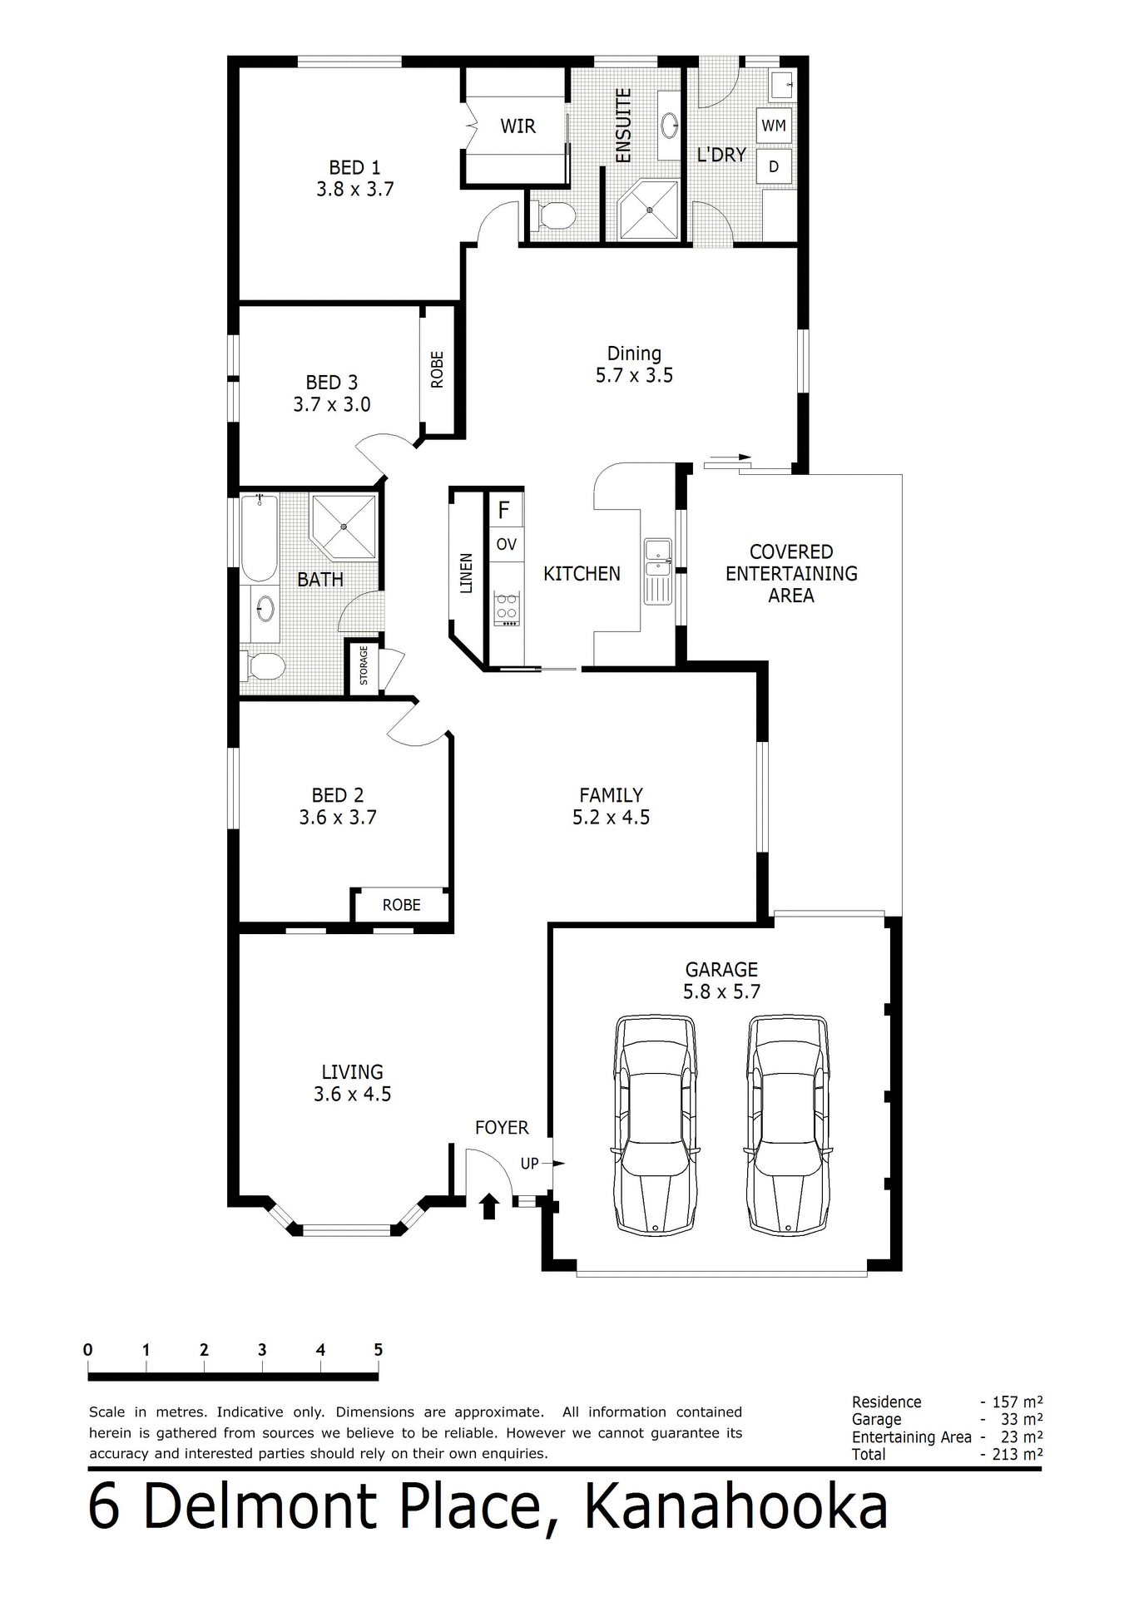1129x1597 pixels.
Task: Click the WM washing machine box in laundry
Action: coord(773,126)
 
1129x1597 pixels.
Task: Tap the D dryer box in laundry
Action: coord(773,166)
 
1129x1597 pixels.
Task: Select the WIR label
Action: coord(517,126)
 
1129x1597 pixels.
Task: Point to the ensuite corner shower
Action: coord(650,210)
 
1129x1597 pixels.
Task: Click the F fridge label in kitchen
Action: coord(503,509)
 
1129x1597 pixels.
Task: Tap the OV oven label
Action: coord(506,545)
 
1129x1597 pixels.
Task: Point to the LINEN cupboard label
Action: coord(466,573)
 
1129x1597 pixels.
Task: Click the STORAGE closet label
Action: coord(363,665)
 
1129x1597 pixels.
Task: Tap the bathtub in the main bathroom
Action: coord(260,537)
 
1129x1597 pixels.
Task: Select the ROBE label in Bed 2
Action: coord(401,905)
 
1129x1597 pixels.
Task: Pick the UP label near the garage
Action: coord(529,1164)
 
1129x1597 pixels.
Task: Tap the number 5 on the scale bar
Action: coord(378,1350)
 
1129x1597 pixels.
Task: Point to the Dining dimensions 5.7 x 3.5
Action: coord(634,375)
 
